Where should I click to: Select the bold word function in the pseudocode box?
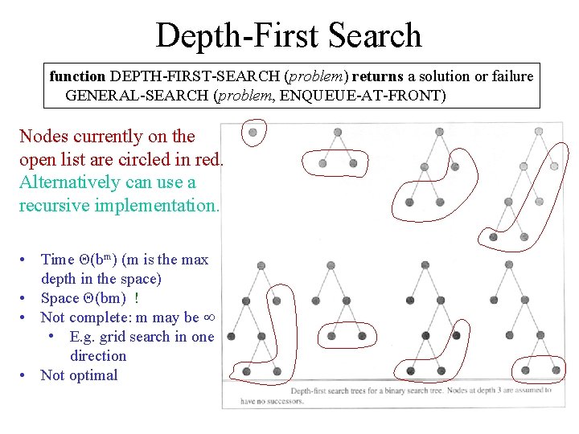[x=77, y=76]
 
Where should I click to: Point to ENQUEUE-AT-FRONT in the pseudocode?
[x=373, y=95]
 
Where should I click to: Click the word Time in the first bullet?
[x=57, y=259]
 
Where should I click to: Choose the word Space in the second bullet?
[x=59, y=298]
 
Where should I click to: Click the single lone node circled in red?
[x=253, y=132]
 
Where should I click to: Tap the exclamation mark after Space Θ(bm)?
[x=137, y=298]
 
